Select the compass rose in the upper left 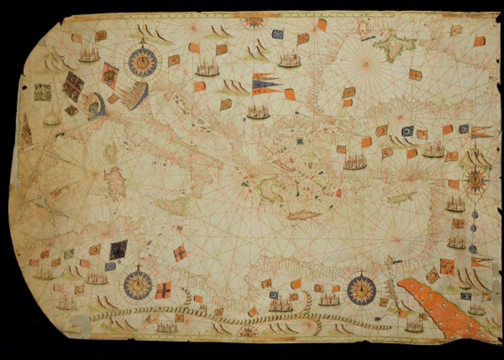(143, 62)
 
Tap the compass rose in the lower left (138, 284)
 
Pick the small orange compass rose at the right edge (475, 180)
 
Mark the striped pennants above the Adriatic (266, 84)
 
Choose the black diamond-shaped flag (118, 249)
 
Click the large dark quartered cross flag (73, 86)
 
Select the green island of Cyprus (403, 198)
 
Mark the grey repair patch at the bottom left (78, 323)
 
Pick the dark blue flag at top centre (278, 34)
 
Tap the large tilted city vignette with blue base (135, 95)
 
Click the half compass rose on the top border (254, 21)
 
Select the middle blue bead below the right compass (473, 228)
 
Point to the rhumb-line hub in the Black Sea (365, 62)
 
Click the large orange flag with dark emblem (109, 75)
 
